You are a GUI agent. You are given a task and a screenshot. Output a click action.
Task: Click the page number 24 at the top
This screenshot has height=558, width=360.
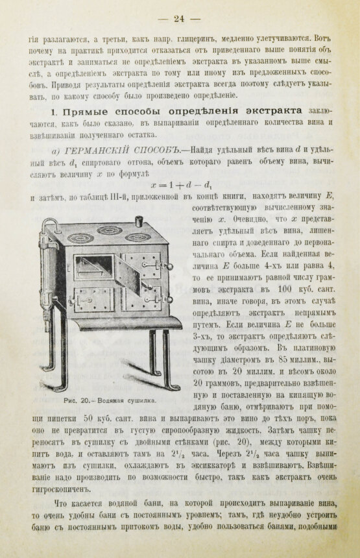(x=180, y=18)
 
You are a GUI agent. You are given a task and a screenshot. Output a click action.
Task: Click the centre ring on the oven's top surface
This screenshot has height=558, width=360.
(x=110, y=230)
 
